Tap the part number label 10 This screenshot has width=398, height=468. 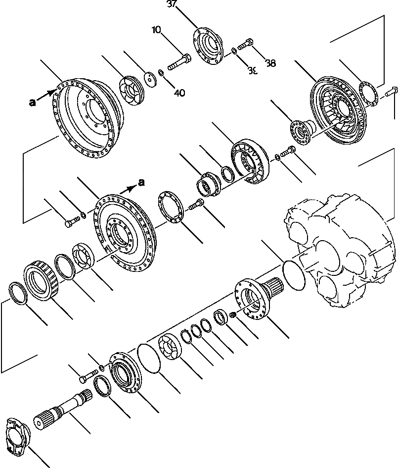(x=157, y=30)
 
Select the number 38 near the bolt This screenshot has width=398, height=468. (x=270, y=63)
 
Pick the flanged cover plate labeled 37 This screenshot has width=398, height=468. (x=212, y=45)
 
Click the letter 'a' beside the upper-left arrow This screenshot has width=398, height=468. (x=33, y=103)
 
